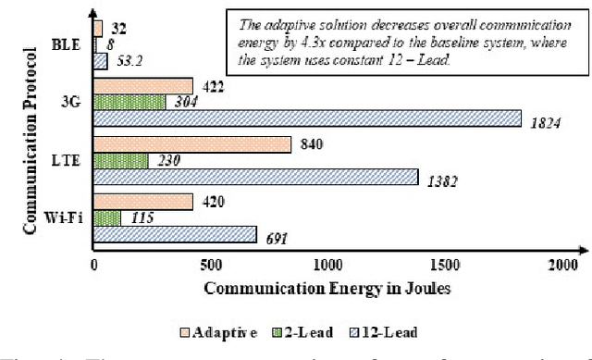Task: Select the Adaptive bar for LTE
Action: pos(192,144)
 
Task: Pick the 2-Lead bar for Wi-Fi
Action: pos(107,218)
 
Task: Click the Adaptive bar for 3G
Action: pos(143,86)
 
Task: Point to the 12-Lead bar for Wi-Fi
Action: pos(175,235)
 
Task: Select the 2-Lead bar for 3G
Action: pos(129,102)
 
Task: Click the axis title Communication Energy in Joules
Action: pos(327,288)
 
